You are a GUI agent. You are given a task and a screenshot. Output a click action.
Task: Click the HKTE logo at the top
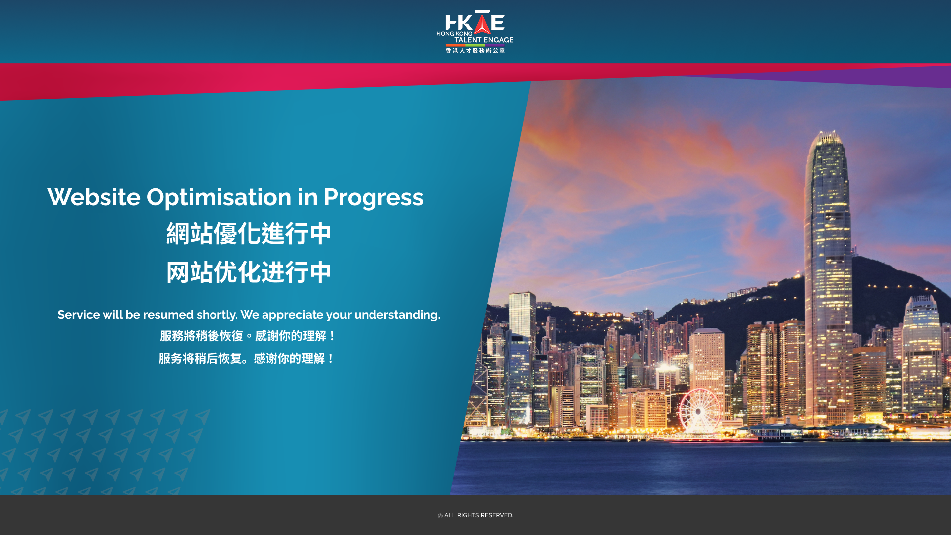[475, 32]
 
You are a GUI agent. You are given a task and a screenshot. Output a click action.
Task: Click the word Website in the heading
[94, 197]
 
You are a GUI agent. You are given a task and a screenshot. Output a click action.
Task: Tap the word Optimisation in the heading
[219, 197]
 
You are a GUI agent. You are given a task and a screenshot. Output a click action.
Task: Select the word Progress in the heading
[373, 198]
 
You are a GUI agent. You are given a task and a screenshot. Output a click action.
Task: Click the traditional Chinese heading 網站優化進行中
[249, 233]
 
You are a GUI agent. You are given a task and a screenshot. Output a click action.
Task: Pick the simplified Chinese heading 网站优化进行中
[249, 272]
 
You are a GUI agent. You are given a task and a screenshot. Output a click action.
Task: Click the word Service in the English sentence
[79, 315]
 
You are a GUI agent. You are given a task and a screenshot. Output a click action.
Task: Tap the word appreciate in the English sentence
[293, 315]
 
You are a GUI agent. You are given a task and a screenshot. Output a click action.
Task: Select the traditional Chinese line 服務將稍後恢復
[201, 336]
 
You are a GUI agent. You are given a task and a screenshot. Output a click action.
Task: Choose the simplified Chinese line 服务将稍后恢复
[200, 358]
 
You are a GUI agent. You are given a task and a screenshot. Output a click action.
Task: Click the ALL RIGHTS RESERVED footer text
[478, 515]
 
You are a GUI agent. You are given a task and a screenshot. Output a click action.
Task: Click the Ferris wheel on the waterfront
[699, 411]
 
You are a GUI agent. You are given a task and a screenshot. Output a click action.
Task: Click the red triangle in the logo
[482, 24]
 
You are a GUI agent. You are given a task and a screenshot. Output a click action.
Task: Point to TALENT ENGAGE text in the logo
[484, 40]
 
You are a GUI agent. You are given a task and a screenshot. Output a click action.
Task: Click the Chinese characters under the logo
[475, 50]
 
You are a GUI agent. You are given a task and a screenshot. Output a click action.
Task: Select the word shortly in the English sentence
[217, 315]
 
